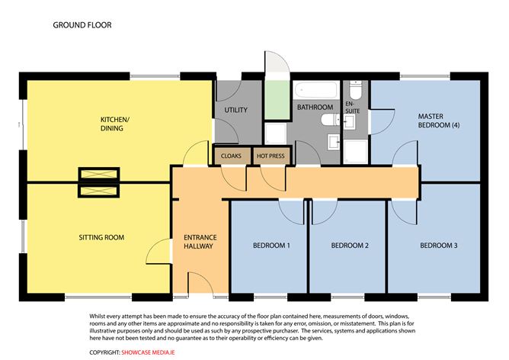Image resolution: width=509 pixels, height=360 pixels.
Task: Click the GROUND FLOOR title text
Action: click(x=82, y=25)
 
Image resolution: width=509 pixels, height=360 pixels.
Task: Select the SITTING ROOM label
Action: click(x=101, y=238)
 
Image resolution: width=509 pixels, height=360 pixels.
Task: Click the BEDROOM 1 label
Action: click(x=272, y=246)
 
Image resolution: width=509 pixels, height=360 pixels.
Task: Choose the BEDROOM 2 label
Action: click(x=350, y=246)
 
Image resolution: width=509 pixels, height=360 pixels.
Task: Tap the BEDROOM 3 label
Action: click(x=439, y=246)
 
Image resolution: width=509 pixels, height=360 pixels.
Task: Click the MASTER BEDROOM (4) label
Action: click(x=438, y=121)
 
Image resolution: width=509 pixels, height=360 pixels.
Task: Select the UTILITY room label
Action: click(x=235, y=111)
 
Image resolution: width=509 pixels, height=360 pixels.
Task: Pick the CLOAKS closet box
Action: click(x=231, y=156)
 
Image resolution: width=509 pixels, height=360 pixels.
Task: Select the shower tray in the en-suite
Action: click(x=355, y=151)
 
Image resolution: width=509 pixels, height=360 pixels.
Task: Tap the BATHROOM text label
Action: click(x=315, y=107)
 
